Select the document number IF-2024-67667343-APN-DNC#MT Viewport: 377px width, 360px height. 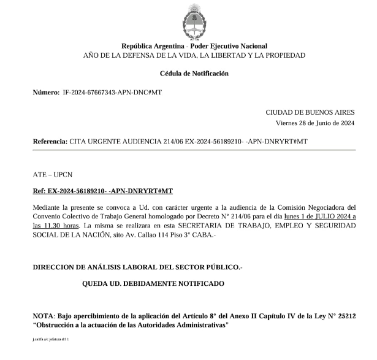click(112, 92)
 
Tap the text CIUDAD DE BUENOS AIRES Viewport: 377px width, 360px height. click(310, 112)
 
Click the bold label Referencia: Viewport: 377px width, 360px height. click(50, 142)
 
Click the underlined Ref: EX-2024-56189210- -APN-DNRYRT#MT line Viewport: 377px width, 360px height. click(103, 191)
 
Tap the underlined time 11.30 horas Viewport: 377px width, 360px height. click(65, 226)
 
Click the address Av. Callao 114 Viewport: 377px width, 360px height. click(184, 236)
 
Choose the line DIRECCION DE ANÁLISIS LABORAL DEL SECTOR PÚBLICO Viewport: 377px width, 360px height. click(138, 267)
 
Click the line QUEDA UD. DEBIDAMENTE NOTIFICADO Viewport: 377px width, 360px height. click(153, 283)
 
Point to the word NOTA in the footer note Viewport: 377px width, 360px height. click(44, 315)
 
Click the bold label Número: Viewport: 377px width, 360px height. click(46, 92)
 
